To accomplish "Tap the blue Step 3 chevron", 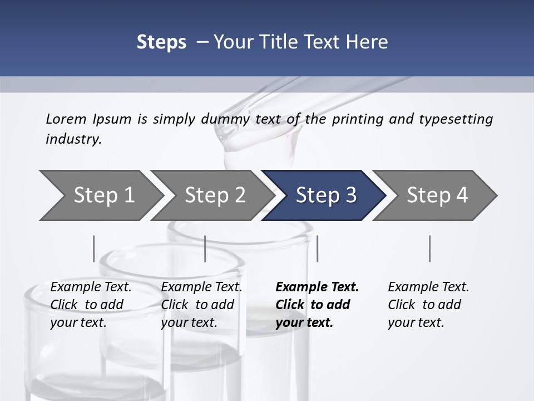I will [326, 195].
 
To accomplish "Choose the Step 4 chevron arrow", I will [437, 195].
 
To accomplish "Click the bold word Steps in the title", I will [161, 42].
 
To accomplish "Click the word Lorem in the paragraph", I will [66, 119].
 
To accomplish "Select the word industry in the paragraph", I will [73, 139].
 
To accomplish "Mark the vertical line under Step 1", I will [93, 248].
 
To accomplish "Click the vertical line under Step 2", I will [205, 248].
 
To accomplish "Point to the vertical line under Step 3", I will [317, 248].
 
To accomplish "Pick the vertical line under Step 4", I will [429, 248].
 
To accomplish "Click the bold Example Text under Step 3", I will [317, 305].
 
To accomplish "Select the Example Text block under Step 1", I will [91, 305].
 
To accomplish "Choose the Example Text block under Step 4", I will [428, 305].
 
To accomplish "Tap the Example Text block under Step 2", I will [201, 305].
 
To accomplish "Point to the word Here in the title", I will [368, 42].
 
